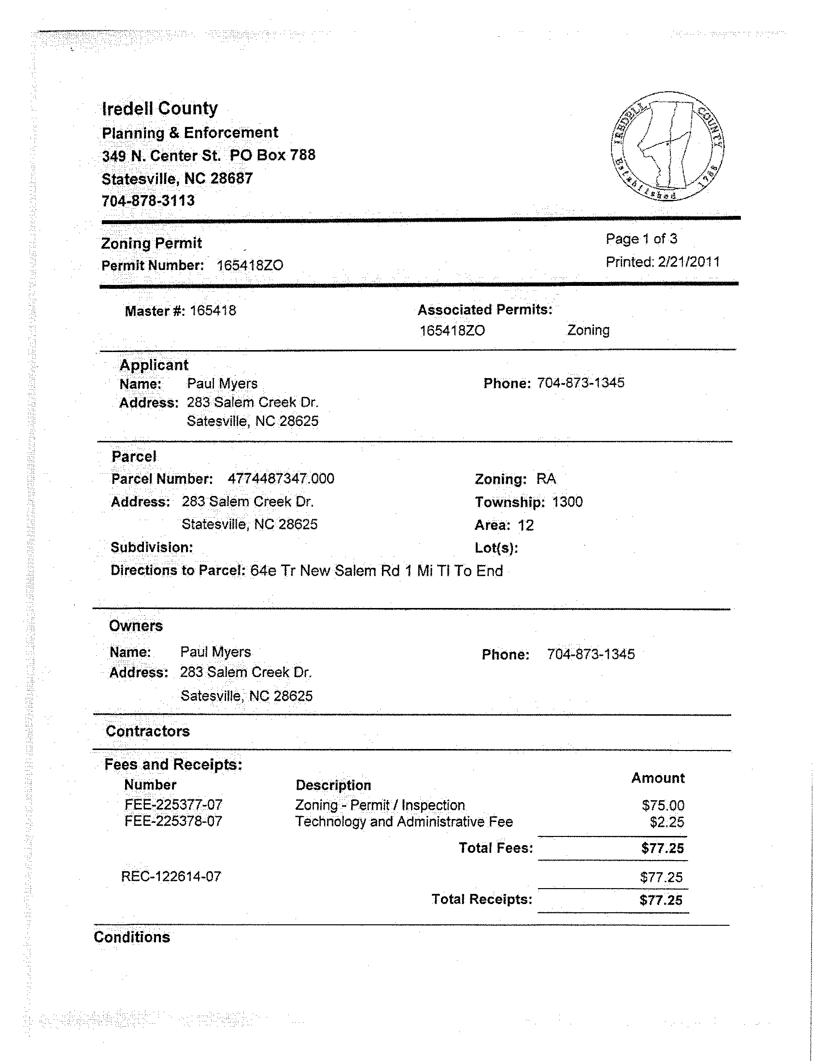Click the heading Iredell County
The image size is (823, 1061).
coord(160,108)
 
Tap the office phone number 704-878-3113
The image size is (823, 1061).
coord(148,200)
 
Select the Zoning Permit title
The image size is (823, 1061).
coord(152,243)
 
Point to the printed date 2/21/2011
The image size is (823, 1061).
coord(688,262)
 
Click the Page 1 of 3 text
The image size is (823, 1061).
coord(641,239)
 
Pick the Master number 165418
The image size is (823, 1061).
coord(213,311)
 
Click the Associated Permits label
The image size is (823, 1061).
coord(485,310)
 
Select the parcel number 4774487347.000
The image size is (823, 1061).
coord(281,479)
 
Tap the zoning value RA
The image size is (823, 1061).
coord(546,479)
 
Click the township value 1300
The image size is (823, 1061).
coord(567,502)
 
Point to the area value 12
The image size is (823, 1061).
coord(525,525)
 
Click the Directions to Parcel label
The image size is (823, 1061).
coord(178,570)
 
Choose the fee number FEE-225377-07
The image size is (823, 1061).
coord(173,805)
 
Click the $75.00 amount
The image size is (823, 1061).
coord(663,806)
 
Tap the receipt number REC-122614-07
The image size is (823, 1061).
coord(171,877)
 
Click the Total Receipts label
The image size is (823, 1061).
coord(482,899)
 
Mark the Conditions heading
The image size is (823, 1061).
coord(132,937)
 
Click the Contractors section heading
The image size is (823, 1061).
coord(148,731)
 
